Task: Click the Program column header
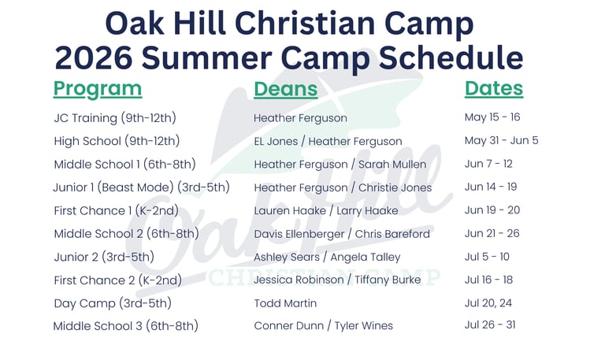pyautogui.click(x=98, y=90)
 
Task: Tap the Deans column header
pyautogui.click(x=285, y=89)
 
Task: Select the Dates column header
pyautogui.click(x=494, y=89)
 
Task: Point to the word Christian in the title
pyautogui.click(x=305, y=23)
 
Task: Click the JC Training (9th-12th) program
pyautogui.click(x=115, y=117)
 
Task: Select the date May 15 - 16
pyautogui.click(x=492, y=117)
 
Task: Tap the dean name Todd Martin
pyautogui.click(x=285, y=303)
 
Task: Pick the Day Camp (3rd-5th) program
pyautogui.click(x=113, y=303)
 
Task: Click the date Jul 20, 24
pyautogui.click(x=488, y=303)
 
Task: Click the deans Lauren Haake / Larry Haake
pyautogui.click(x=325, y=210)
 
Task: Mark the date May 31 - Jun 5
pyautogui.click(x=501, y=140)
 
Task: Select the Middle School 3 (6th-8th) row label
pyautogui.click(x=126, y=326)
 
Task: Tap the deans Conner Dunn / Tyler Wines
pyautogui.click(x=323, y=325)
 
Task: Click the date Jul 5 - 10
pyautogui.click(x=487, y=257)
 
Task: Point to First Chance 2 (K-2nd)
pyautogui.click(x=117, y=280)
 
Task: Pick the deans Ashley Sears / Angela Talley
pyautogui.click(x=327, y=258)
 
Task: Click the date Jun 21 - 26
pyautogui.click(x=492, y=233)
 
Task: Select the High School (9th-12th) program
pyautogui.click(x=117, y=141)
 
